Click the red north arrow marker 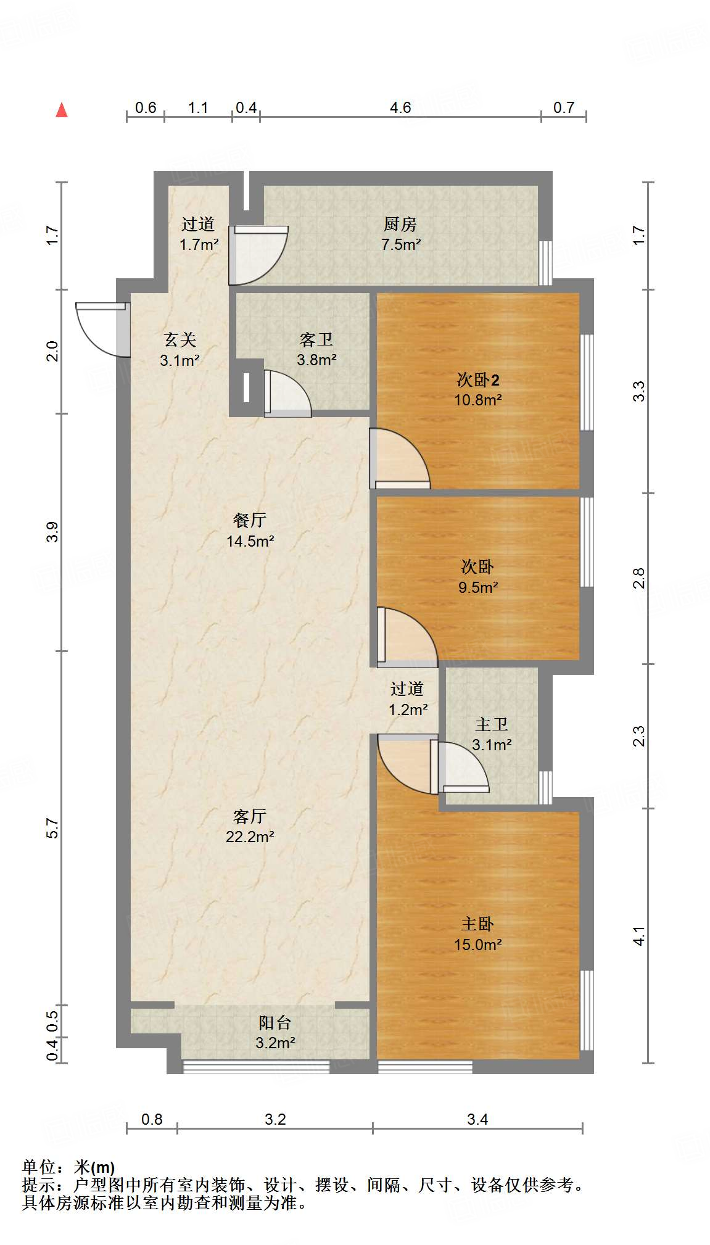coord(62,110)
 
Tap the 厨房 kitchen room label coord(400,224)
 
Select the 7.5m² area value coord(400,244)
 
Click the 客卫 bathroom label coord(316,339)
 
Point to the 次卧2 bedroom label coord(477,379)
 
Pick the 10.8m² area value coord(477,400)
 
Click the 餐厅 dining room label coord(249,520)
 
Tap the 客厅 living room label coord(249,816)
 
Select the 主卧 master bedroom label coord(477,924)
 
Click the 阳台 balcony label coord(275,1022)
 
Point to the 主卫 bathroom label coord(491,724)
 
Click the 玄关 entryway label coord(180,339)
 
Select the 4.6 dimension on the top coord(400,108)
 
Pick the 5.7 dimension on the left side coord(52,829)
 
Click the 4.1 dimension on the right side coord(639,936)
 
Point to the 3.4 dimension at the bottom coord(477,1119)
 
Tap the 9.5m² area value coord(477,587)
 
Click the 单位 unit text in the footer coord(38,1167)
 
